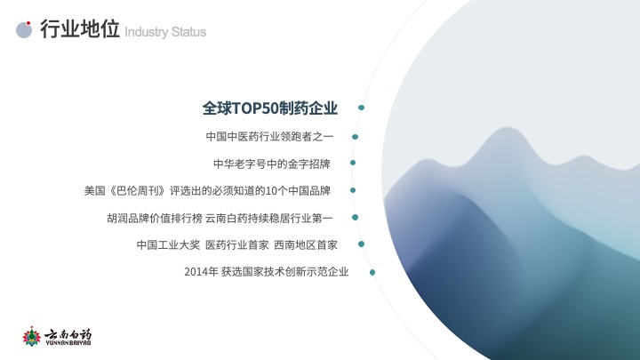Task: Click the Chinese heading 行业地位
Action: click(80, 28)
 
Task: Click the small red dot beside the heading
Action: click(28, 23)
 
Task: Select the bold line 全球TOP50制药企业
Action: click(270, 108)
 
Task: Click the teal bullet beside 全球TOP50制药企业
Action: click(361, 108)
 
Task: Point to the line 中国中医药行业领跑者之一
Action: click(269, 136)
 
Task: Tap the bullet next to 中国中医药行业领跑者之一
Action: click(355, 137)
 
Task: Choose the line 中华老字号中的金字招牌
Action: click(271, 164)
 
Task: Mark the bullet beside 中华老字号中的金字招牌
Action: click(353, 163)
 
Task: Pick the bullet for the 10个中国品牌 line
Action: click(353, 190)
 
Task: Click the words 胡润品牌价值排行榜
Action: click(155, 219)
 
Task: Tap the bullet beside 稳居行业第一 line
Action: click(355, 218)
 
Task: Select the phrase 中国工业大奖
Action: click(168, 245)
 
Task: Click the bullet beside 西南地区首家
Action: click(361, 244)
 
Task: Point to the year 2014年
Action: click(201, 272)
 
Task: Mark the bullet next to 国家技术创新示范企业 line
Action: click(372, 272)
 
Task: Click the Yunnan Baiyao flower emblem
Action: click(31, 337)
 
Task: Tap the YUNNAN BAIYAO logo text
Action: click(68, 343)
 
